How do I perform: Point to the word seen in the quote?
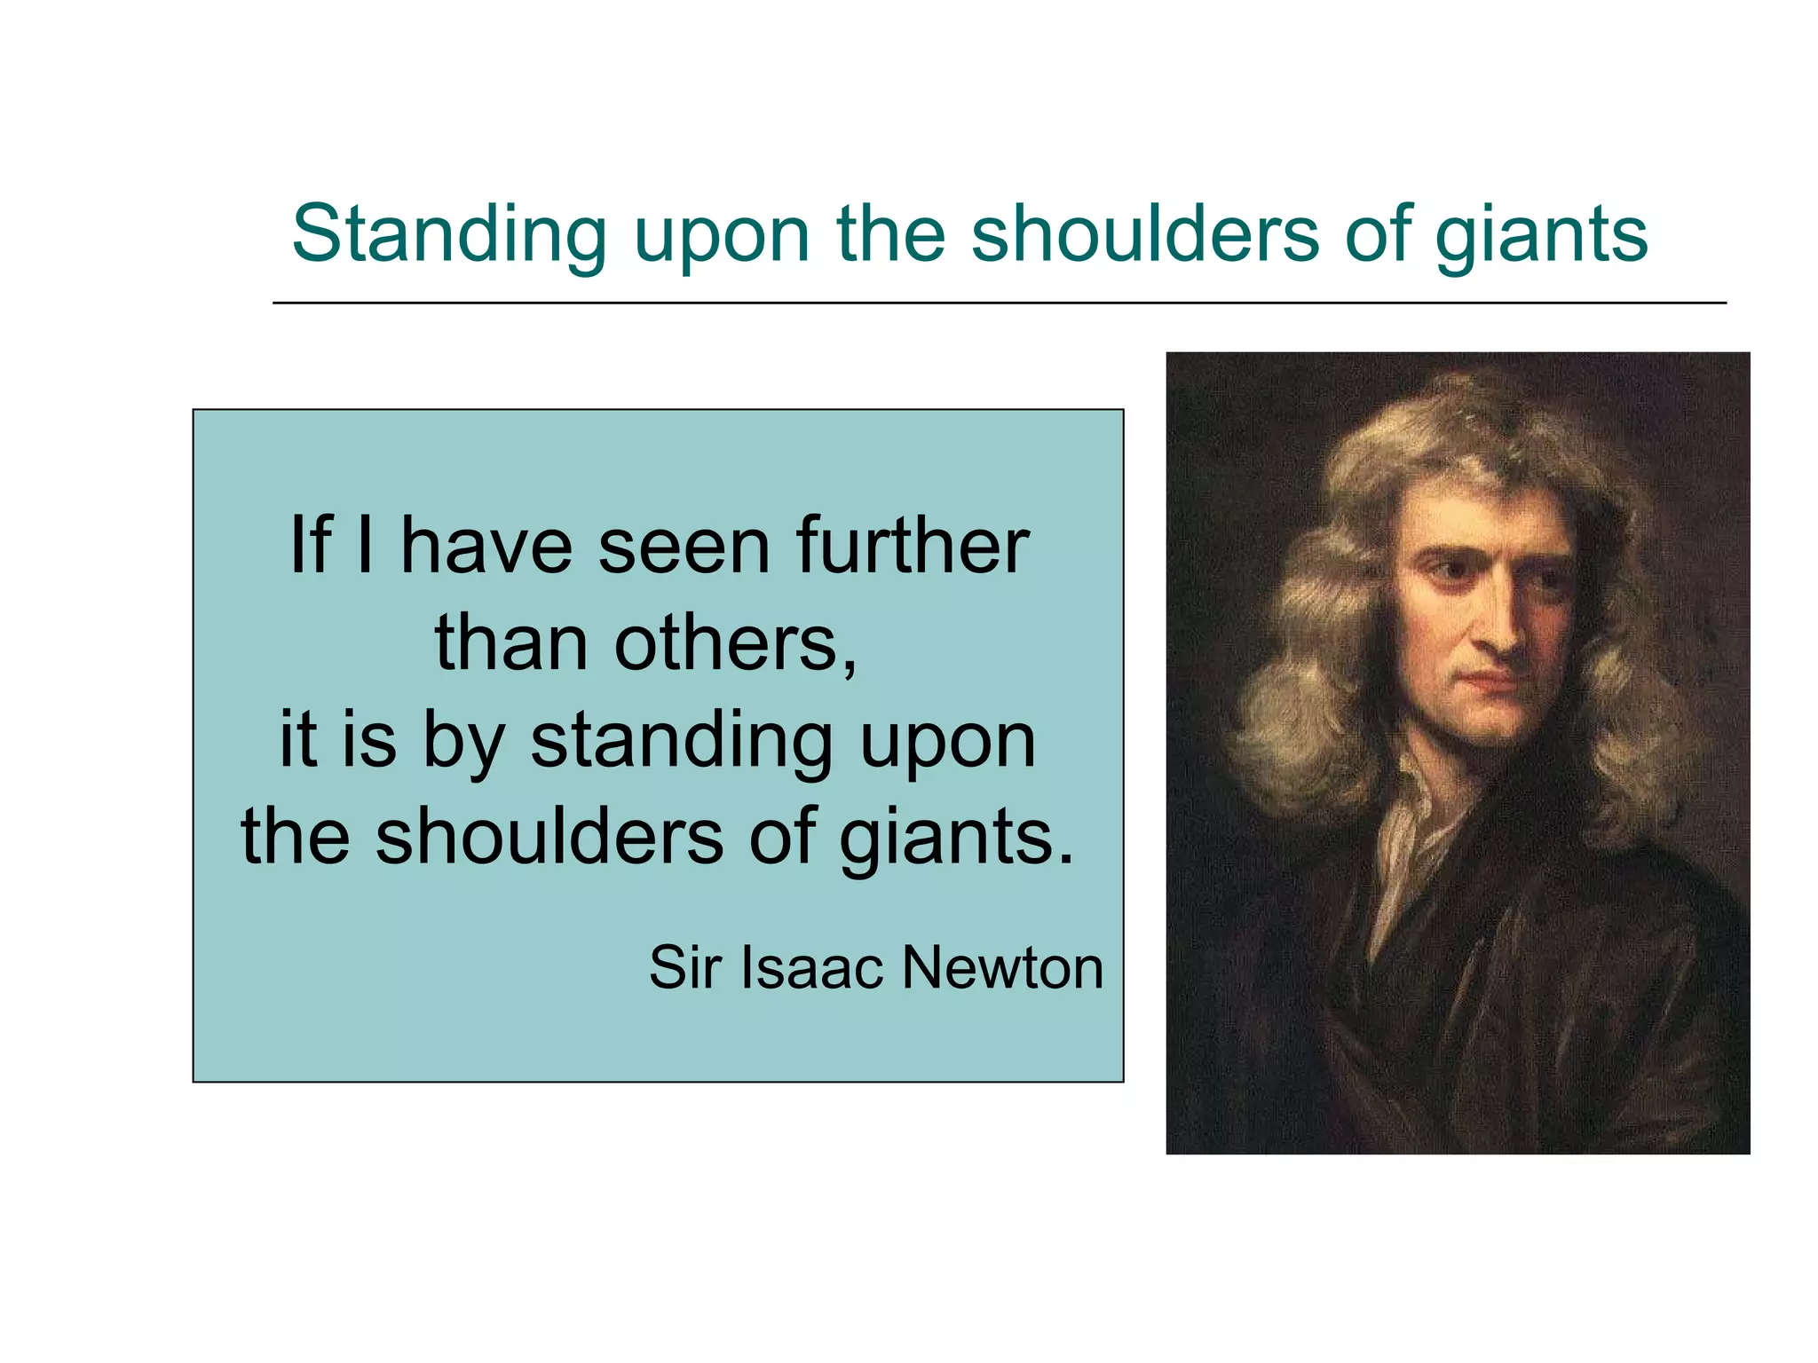pyautogui.click(x=684, y=547)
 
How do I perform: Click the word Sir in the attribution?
pyautogui.click(x=684, y=966)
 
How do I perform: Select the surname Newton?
pyautogui.click(x=1003, y=966)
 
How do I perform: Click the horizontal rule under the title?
pyautogui.click(x=999, y=303)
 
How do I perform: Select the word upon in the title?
pyautogui.click(x=722, y=236)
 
